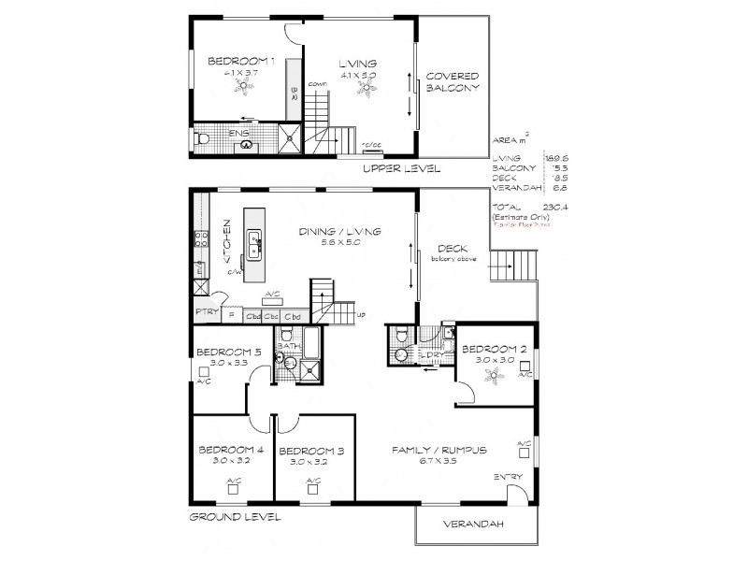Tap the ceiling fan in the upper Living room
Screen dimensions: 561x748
click(x=370, y=90)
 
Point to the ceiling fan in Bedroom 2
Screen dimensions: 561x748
click(x=496, y=376)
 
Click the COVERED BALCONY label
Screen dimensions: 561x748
click(x=453, y=81)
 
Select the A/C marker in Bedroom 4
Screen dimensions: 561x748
click(x=233, y=482)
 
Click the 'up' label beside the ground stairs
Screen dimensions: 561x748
click(x=361, y=313)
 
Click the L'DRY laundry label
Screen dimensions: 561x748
click(x=432, y=356)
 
